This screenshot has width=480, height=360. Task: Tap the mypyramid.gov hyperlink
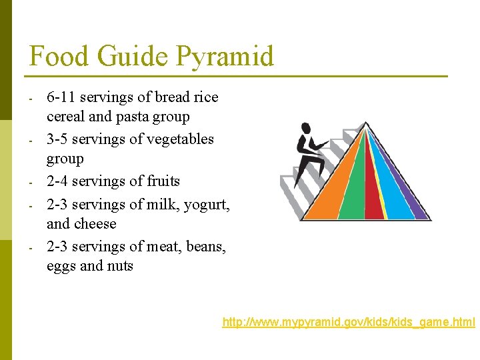[349, 323]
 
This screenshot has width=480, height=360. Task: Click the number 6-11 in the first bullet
[61, 97]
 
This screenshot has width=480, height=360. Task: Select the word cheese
[93, 224]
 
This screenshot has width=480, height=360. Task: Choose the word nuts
[119, 266]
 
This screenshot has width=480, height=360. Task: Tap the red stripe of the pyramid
[373, 200]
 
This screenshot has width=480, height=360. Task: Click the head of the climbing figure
[306, 128]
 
